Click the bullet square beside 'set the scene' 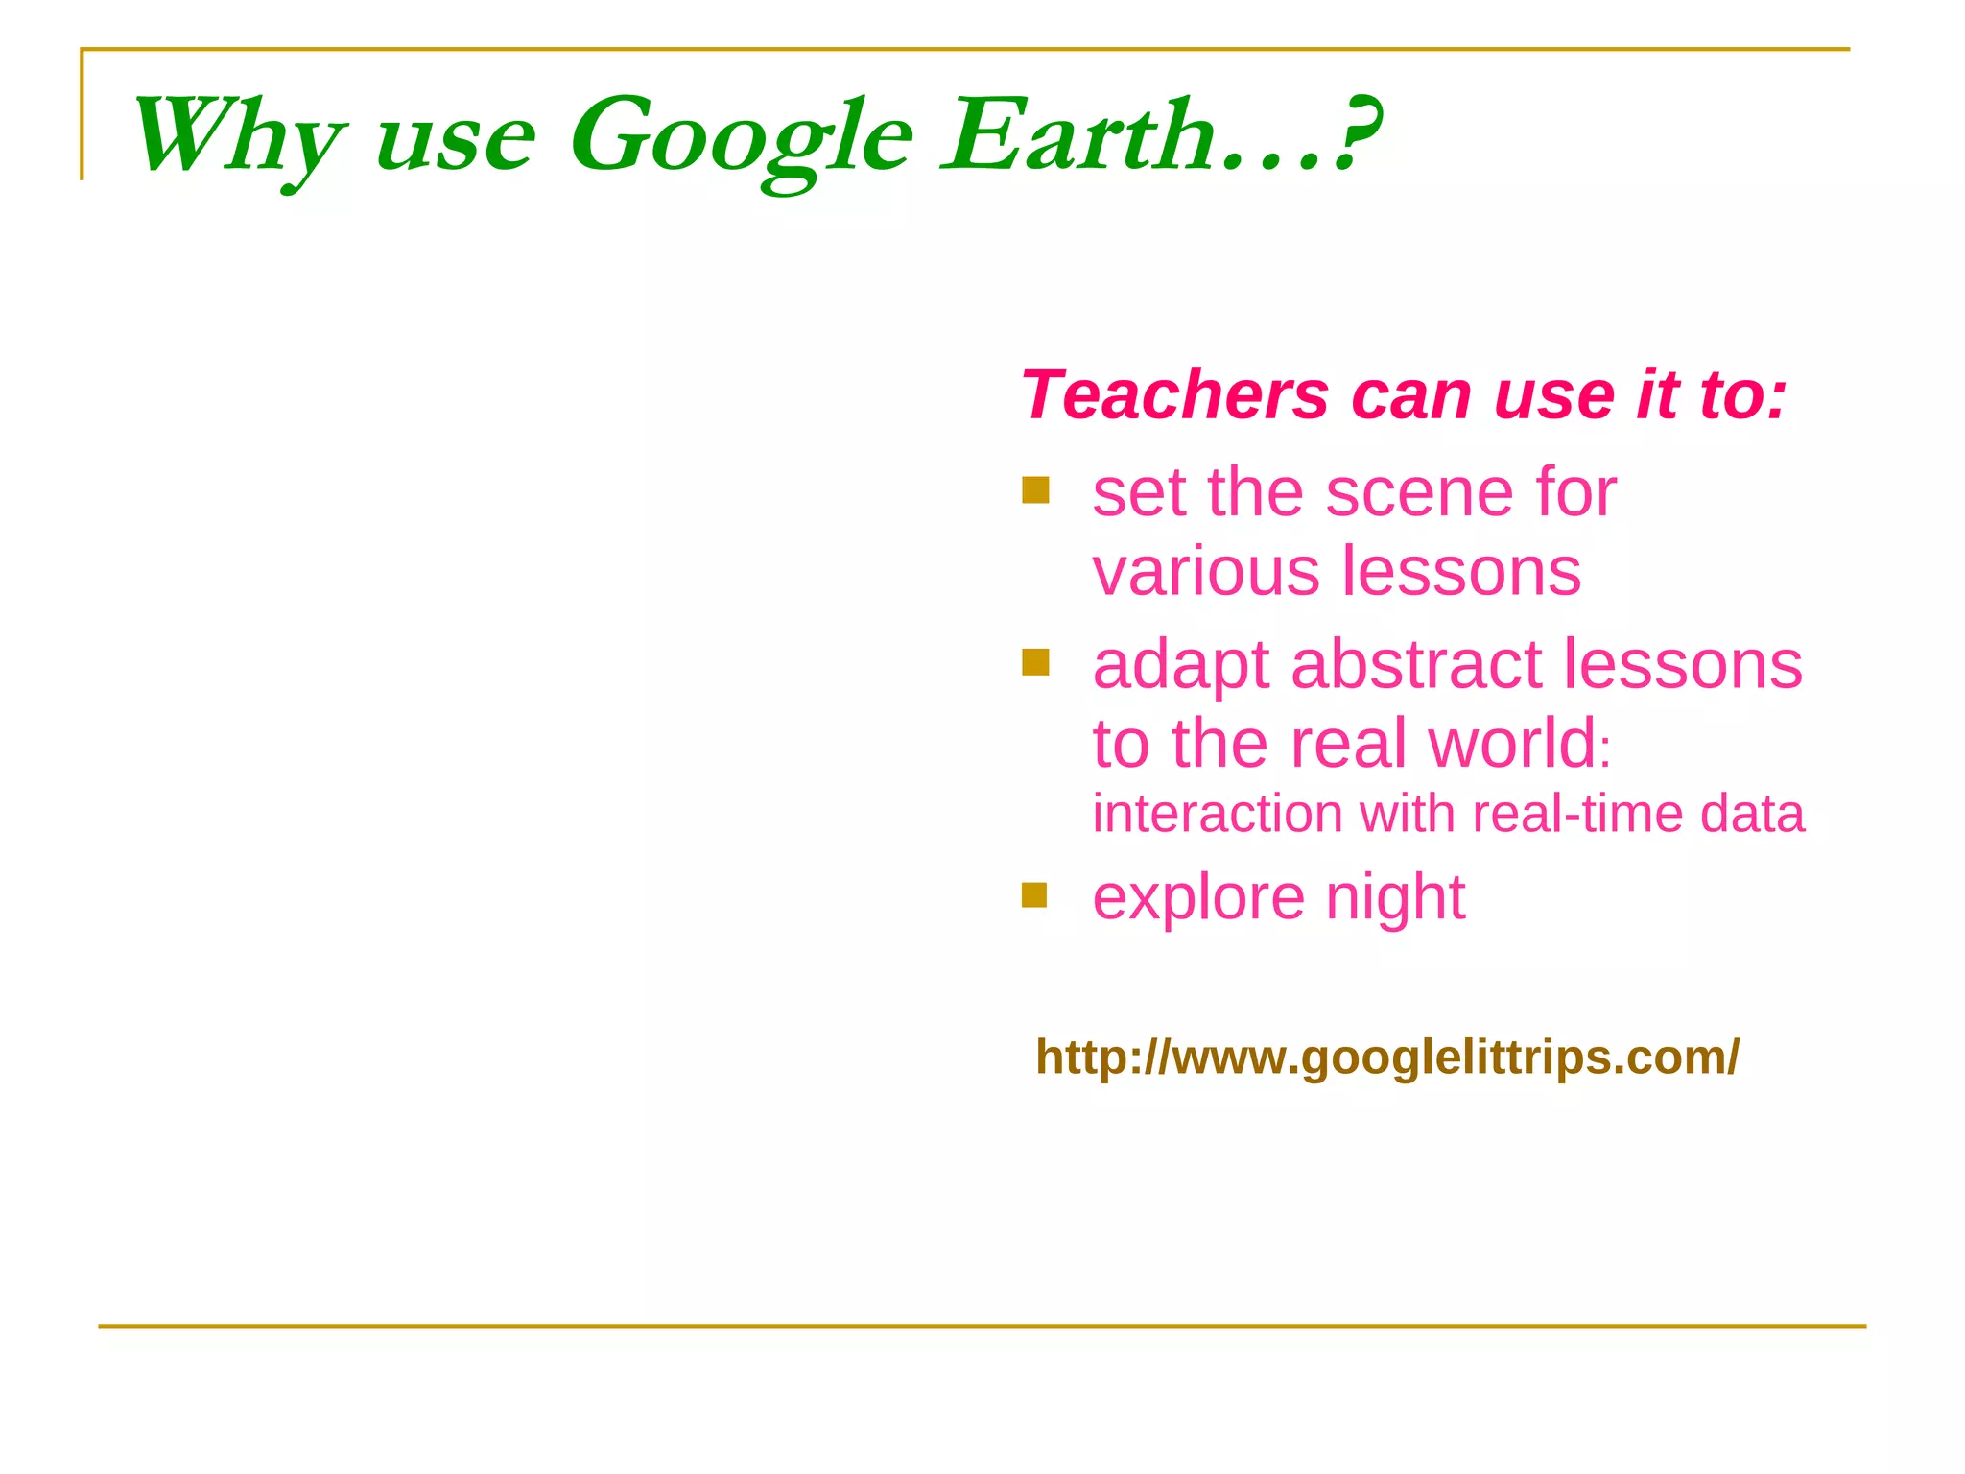coord(1035,490)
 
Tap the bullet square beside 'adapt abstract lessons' coord(1035,662)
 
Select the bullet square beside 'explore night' coord(1034,894)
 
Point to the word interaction coord(1218,814)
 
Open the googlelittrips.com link coord(1387,1058)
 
